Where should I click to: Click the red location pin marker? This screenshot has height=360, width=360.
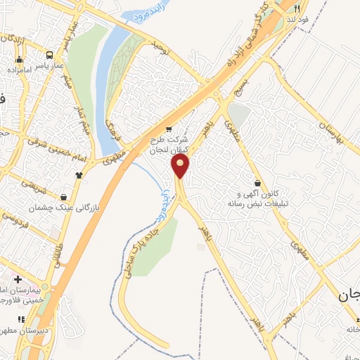(181, 166)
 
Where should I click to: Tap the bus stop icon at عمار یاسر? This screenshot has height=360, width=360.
(49, 55)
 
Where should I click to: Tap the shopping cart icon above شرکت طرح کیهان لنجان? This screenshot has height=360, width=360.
(167, 129)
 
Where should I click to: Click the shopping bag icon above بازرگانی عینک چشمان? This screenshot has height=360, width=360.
(65, 198)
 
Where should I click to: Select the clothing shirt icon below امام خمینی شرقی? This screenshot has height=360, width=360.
(79, 175)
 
